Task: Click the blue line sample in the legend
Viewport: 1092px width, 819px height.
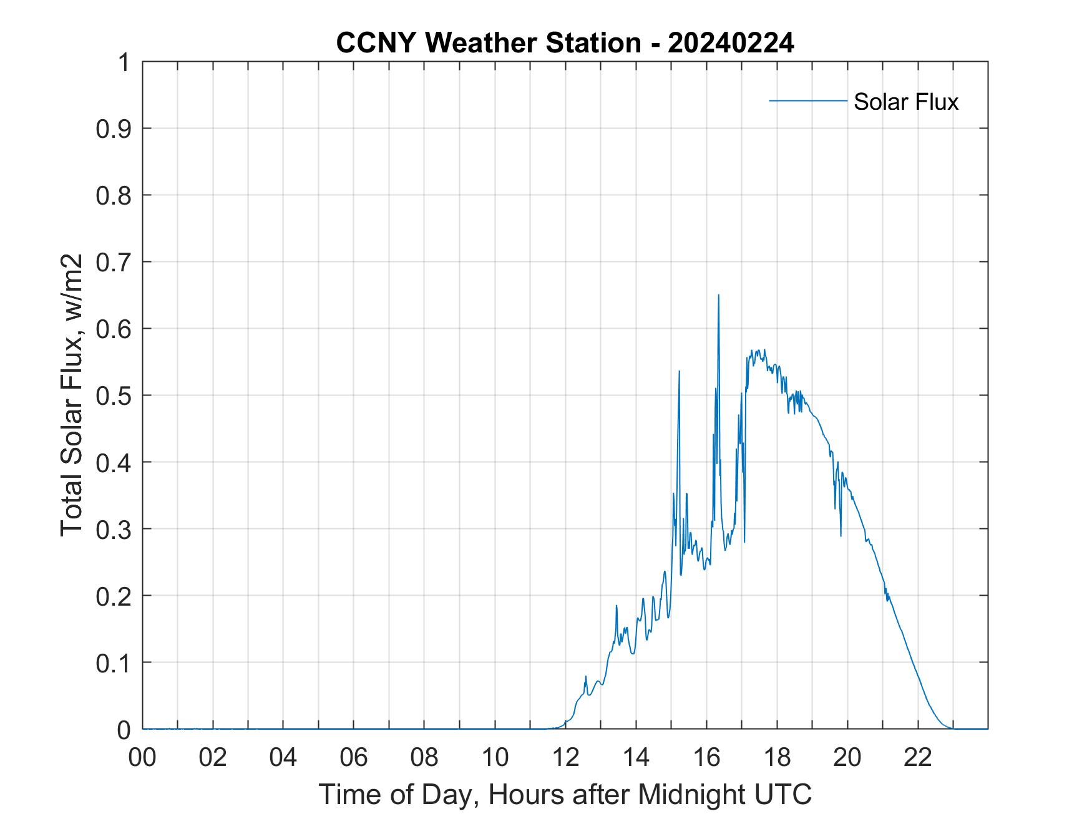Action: (x=807, y=100)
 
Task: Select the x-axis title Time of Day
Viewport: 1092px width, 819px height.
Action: (x=565, y=794)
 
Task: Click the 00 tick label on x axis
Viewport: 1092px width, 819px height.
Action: (x=142, y=758)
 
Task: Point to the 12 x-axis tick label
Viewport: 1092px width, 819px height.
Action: (x=566, y=758)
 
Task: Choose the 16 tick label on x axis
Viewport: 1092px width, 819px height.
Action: (x=707, y=758)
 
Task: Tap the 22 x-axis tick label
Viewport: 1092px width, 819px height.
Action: (x=919, y=758)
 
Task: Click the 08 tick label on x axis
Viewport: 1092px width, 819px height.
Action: (x=425, y=758)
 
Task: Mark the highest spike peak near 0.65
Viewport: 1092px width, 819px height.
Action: (x=718, y=295)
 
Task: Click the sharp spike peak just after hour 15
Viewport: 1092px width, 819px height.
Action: (x=679, y=371)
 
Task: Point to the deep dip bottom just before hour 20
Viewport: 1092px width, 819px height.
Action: (x=841, y=535)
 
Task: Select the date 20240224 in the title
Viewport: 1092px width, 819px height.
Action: (x=731, y=44)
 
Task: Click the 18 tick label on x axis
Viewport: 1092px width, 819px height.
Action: (x=778, y=758)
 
